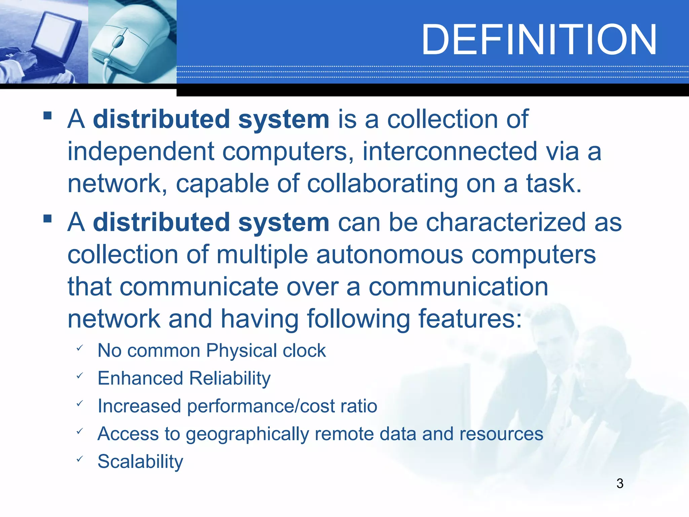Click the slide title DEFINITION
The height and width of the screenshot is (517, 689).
coord(539,40)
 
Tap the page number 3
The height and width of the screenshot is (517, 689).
coord(620,483)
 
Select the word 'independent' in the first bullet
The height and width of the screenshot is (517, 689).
coord(141,152)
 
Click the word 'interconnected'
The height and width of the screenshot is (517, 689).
coord(450,152)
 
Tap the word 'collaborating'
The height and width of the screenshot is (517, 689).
coord(382,184)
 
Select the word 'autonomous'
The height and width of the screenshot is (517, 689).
coord(389,255)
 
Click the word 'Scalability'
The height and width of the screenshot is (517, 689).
coord(140,461)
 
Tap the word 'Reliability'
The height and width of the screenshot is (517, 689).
coord(230,378)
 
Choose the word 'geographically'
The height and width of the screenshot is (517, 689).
coord(247,434)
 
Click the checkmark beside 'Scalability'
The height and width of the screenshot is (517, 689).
coord(79,459)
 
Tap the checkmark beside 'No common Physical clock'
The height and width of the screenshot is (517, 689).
coord(79,348)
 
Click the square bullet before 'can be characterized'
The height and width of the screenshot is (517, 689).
coord(47,219)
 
